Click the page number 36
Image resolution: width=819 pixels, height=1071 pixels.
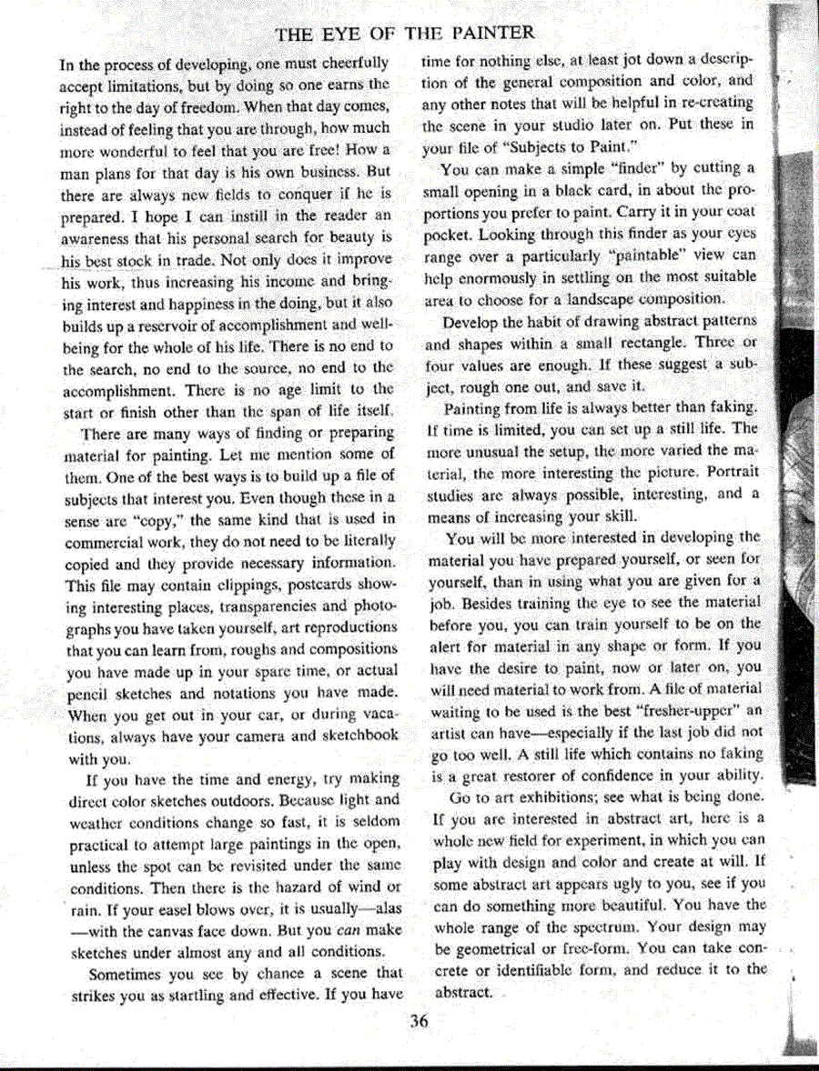[x=419, y=1020]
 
